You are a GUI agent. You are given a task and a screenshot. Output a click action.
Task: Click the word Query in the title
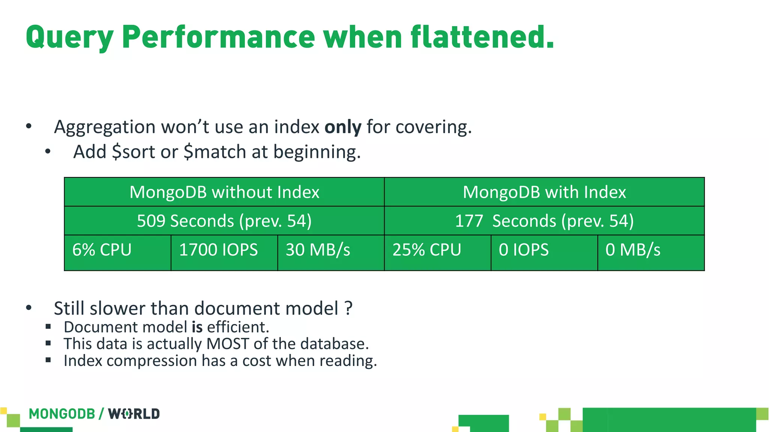click(69, 37)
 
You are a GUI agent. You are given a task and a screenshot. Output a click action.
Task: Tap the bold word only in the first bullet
click(343, 127)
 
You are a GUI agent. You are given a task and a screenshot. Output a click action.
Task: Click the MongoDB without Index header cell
click(224, 192)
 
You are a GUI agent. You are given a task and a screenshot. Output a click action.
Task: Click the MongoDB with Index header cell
click(544, 192)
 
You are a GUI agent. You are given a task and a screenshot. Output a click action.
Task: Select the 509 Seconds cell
click(224, 221)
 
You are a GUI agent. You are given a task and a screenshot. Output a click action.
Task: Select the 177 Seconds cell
click(544, 221)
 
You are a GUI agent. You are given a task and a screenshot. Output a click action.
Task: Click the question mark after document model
click(348, 308)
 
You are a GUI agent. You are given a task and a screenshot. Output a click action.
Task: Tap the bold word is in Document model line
click(197, 327)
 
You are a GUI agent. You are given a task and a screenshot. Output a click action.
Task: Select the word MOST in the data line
click(228, 344)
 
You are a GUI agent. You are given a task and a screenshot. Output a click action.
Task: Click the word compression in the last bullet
click(152, 361)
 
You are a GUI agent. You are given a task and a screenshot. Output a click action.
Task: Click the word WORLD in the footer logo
click(134, 414)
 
